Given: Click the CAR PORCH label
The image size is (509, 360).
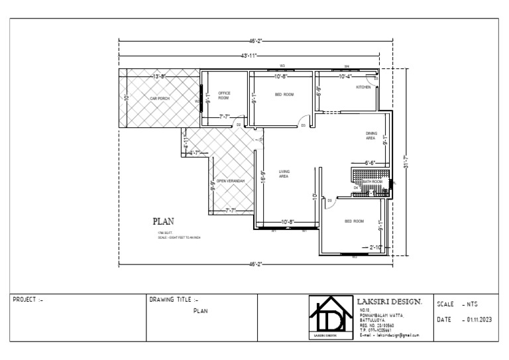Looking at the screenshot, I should pyautogui.click(x=160, y=98).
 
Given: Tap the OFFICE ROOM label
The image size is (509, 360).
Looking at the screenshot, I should pyautogui.click(x=223, y=95).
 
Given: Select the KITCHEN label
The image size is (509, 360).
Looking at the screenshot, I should pyautogui.click(x=364, y=87).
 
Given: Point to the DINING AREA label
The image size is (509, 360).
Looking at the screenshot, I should pyautogui.click(x=370, y=136).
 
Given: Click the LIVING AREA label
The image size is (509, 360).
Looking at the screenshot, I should pyautogui.click(x=284, y=174).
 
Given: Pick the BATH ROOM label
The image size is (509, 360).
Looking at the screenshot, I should pyautogui.click(x=372, y=181).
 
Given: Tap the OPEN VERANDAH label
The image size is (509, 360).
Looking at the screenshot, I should pyautogui.click(x=231, y=180).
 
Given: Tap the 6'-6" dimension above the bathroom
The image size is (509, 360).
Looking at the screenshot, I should pyautogui.click(x=370, y=162).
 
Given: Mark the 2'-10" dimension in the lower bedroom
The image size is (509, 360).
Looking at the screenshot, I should pyautogui.click(x=376, y=247).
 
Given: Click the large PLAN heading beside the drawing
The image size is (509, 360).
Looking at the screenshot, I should pyautogui.click(x=163, y=221).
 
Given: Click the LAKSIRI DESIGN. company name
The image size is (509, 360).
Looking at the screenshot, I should pyautogui.click(x=390, y=302).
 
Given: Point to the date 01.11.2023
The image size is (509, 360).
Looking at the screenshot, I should pyautogui.click(x=479, y=320).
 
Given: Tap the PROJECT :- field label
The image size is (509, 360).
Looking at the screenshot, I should pyautogui.click(x=28, y=300).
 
